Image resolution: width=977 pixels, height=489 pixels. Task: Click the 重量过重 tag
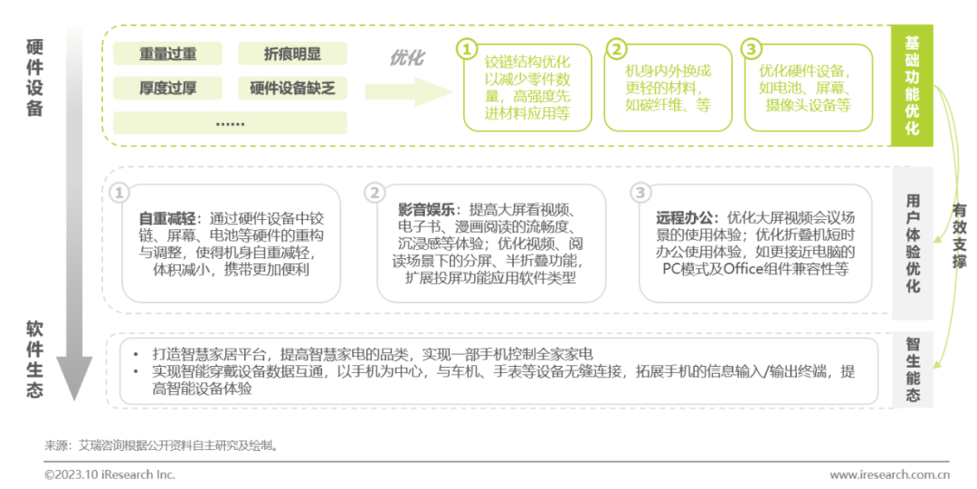(x=167, y=53)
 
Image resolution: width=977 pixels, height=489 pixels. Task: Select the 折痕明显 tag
(x=292, y=53)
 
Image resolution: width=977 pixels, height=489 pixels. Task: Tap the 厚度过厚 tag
(x=167, y=88)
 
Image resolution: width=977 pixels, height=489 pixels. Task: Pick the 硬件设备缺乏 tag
(x=292, y=88)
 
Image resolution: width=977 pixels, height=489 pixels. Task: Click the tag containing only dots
(x=230, y=122)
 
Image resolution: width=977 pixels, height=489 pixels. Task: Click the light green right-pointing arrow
(x=407, y=91)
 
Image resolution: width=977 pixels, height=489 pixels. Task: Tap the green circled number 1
(x=466, y=48)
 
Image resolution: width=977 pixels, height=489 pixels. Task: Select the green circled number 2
(x=616, y=48)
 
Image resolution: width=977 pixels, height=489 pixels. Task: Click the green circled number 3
(x=751, y=48)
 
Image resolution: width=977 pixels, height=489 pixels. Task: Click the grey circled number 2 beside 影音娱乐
(x=375, y=193)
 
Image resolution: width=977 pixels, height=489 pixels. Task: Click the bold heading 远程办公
(x=688, y=218)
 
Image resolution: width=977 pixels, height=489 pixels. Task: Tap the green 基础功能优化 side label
(x=912, y=86)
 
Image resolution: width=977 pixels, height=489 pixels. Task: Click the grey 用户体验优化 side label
(x=912, y=242)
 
